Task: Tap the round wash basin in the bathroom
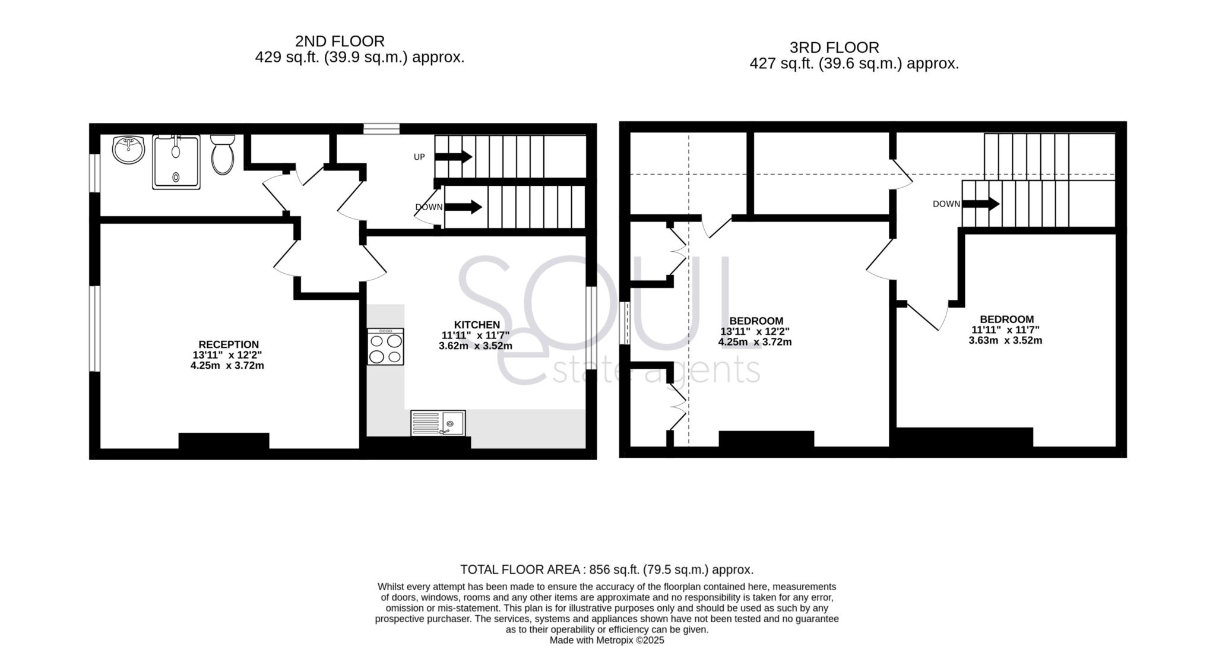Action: pyautogui.click(x=128, y=150)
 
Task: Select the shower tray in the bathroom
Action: pyautogui.click(x=176, y=162)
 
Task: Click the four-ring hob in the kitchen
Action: pyautogui.click(x=385, y=347)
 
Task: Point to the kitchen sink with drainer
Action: pyautogui.click(x=438, y=423)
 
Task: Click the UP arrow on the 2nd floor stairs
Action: pyautogui.click(x=454, y=157)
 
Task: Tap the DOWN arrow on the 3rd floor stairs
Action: pyautogui.click(x=980, y=204)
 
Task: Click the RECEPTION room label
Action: pyautogui.click(x=229, y=344)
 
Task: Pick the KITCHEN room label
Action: pyautogui.click(x=477, y=325)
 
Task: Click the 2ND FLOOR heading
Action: pyautogui.click(x=340, y=41)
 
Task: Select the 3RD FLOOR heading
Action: pyautogui.click(x=834, y=47)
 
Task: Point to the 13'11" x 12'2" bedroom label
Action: pyautogui.click(x=756, y=331)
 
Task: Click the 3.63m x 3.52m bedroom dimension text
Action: pyautogui.click(x=1005, y=341)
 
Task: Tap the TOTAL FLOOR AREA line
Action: pyautogui.click(x=607, y=570)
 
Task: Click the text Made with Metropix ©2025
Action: pyautogui.click(x=607, y=641)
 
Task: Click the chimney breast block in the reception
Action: pyautogui.click(x=224, y=441)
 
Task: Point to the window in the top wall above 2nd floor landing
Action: pyautogui.click(x=381, y=128)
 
